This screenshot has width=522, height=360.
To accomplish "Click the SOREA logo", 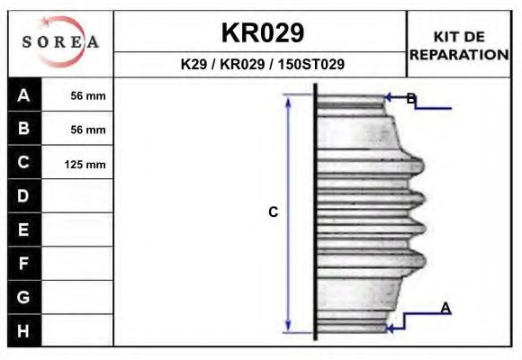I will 60,43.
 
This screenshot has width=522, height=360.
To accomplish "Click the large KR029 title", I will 262,32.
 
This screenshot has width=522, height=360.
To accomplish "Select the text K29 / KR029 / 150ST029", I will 262,65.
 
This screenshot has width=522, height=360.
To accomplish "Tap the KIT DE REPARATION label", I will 459,45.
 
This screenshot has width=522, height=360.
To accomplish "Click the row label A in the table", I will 24,95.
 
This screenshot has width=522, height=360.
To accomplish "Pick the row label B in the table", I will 24,129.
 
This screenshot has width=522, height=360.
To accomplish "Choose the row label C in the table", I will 24,163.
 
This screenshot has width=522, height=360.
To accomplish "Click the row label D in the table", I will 24,196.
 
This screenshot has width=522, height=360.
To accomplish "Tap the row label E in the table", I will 24,229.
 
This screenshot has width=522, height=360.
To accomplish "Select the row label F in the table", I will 24,263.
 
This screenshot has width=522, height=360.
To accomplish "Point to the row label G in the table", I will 24,296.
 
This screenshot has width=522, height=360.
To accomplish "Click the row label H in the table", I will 24,330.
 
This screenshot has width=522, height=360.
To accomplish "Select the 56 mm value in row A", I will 88,96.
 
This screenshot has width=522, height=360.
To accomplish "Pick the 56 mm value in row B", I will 88,130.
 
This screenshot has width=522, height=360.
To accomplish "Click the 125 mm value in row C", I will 85,164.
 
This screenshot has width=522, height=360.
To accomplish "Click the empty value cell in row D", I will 78,196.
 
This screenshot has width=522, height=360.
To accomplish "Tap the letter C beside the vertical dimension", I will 274,212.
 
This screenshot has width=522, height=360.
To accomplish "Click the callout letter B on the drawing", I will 410,99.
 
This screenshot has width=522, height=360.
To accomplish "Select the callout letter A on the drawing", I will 445,309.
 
